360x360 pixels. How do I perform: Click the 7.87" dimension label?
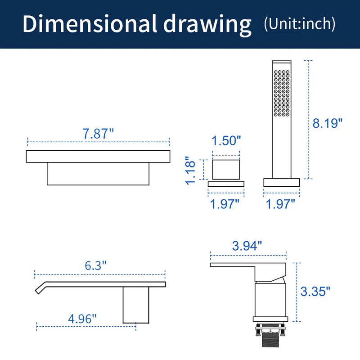tap(98, 134)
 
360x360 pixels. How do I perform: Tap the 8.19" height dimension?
tap(327, 123)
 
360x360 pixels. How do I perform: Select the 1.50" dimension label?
tap(226, 140)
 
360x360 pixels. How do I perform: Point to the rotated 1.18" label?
tap(190, 171)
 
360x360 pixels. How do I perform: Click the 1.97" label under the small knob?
tap(225, 204)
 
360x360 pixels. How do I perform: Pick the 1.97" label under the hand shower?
tap(280, 204)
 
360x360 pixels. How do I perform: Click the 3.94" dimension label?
tap(247, 246)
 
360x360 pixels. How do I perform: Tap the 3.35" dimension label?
tap(315, 292)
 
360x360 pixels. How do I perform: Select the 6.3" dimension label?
tap(96, 265)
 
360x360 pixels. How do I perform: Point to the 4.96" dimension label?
tap(82, 319)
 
